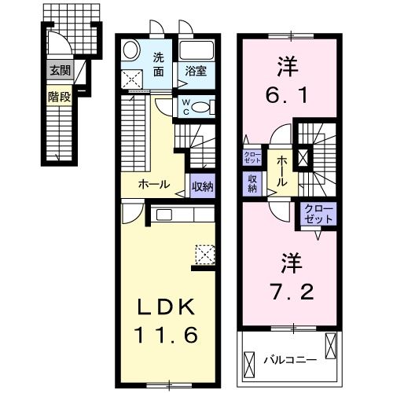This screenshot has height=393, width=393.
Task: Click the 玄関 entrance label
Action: (60, 70)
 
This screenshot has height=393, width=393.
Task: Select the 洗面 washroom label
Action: (159, 64)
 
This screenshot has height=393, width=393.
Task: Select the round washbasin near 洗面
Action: (132, 46)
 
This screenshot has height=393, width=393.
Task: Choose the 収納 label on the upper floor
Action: (253, 182)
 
